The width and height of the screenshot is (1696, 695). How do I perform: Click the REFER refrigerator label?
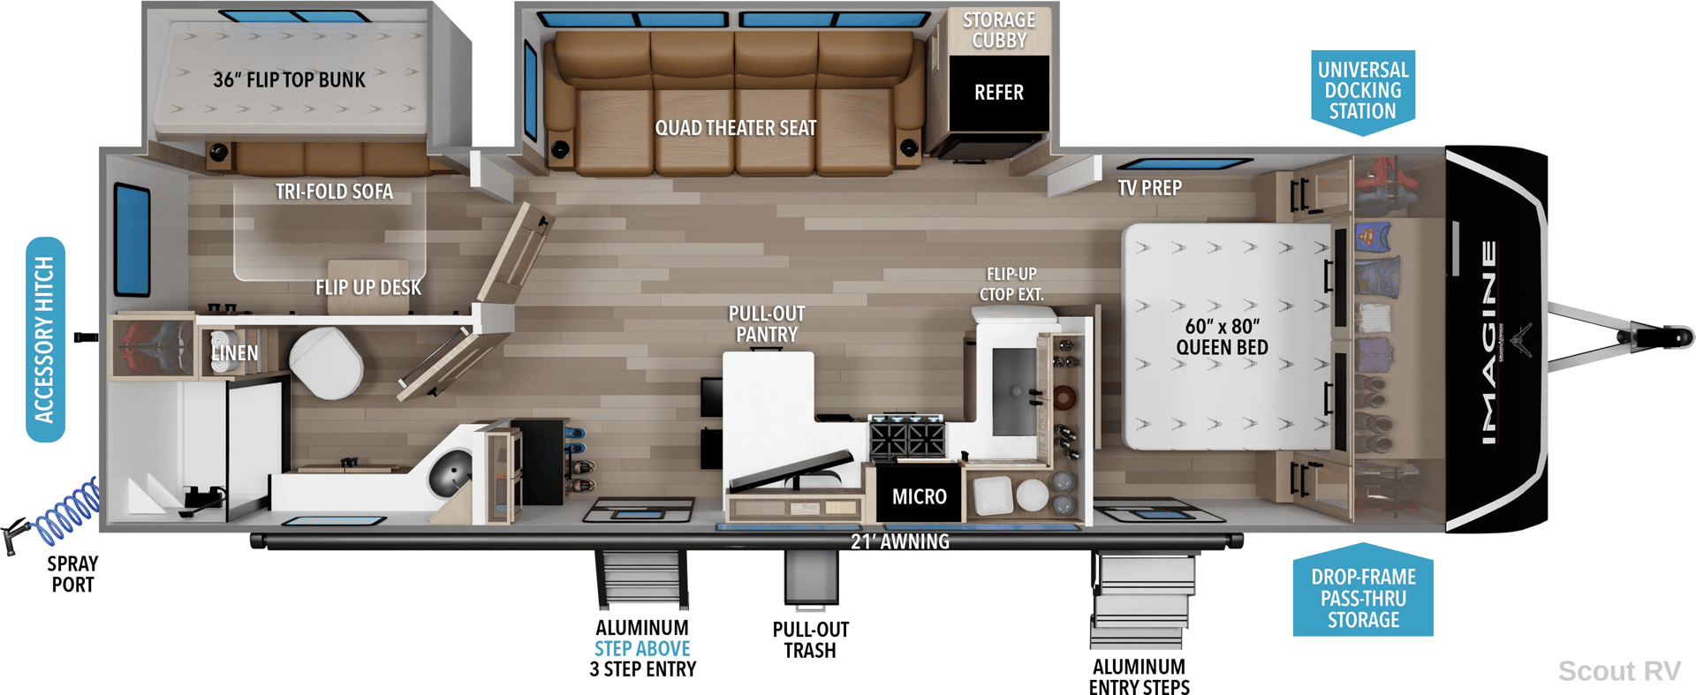998,93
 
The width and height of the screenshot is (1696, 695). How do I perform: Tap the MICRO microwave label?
919,497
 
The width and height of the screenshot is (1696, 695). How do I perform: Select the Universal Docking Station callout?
1363,92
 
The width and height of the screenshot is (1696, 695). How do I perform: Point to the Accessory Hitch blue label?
45,339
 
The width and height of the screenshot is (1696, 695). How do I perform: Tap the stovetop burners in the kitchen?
907,437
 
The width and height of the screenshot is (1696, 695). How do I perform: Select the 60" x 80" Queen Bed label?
1222,337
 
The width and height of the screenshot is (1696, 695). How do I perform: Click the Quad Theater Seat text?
735,128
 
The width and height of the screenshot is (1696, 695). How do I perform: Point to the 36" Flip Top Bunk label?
289,80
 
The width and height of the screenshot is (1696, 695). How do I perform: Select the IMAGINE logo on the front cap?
1489,343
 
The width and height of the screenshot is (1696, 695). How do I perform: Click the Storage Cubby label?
999,30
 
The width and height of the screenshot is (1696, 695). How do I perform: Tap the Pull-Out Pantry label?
767,324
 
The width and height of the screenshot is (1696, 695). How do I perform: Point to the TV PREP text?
1149,188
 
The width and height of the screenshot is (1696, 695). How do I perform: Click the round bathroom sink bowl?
453,471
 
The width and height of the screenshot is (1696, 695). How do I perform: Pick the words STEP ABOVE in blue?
642,648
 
